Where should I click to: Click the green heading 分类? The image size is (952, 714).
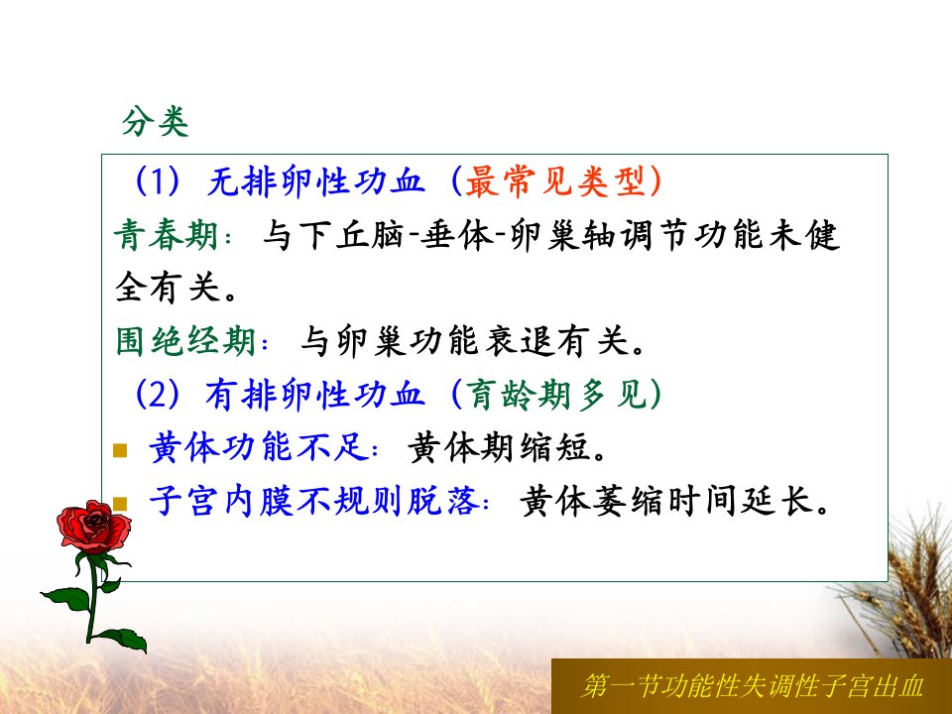pos(156,122)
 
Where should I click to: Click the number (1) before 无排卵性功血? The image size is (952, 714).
pos(158,180)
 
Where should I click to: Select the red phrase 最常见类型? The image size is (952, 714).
pos(554,180)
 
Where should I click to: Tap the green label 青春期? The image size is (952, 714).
pos(166,235)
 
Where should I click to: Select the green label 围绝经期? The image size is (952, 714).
pos(185,340)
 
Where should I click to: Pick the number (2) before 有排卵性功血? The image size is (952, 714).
pos(158,394)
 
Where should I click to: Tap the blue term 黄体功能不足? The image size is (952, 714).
pos(259,447)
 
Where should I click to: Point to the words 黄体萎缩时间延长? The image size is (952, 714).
pos(666,501)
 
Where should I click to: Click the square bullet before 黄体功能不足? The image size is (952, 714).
pos(120,450)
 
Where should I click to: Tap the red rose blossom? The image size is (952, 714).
pos(93,527)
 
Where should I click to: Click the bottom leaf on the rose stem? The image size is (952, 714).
pos(124,640)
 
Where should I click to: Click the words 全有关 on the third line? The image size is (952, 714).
pos(167,288)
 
